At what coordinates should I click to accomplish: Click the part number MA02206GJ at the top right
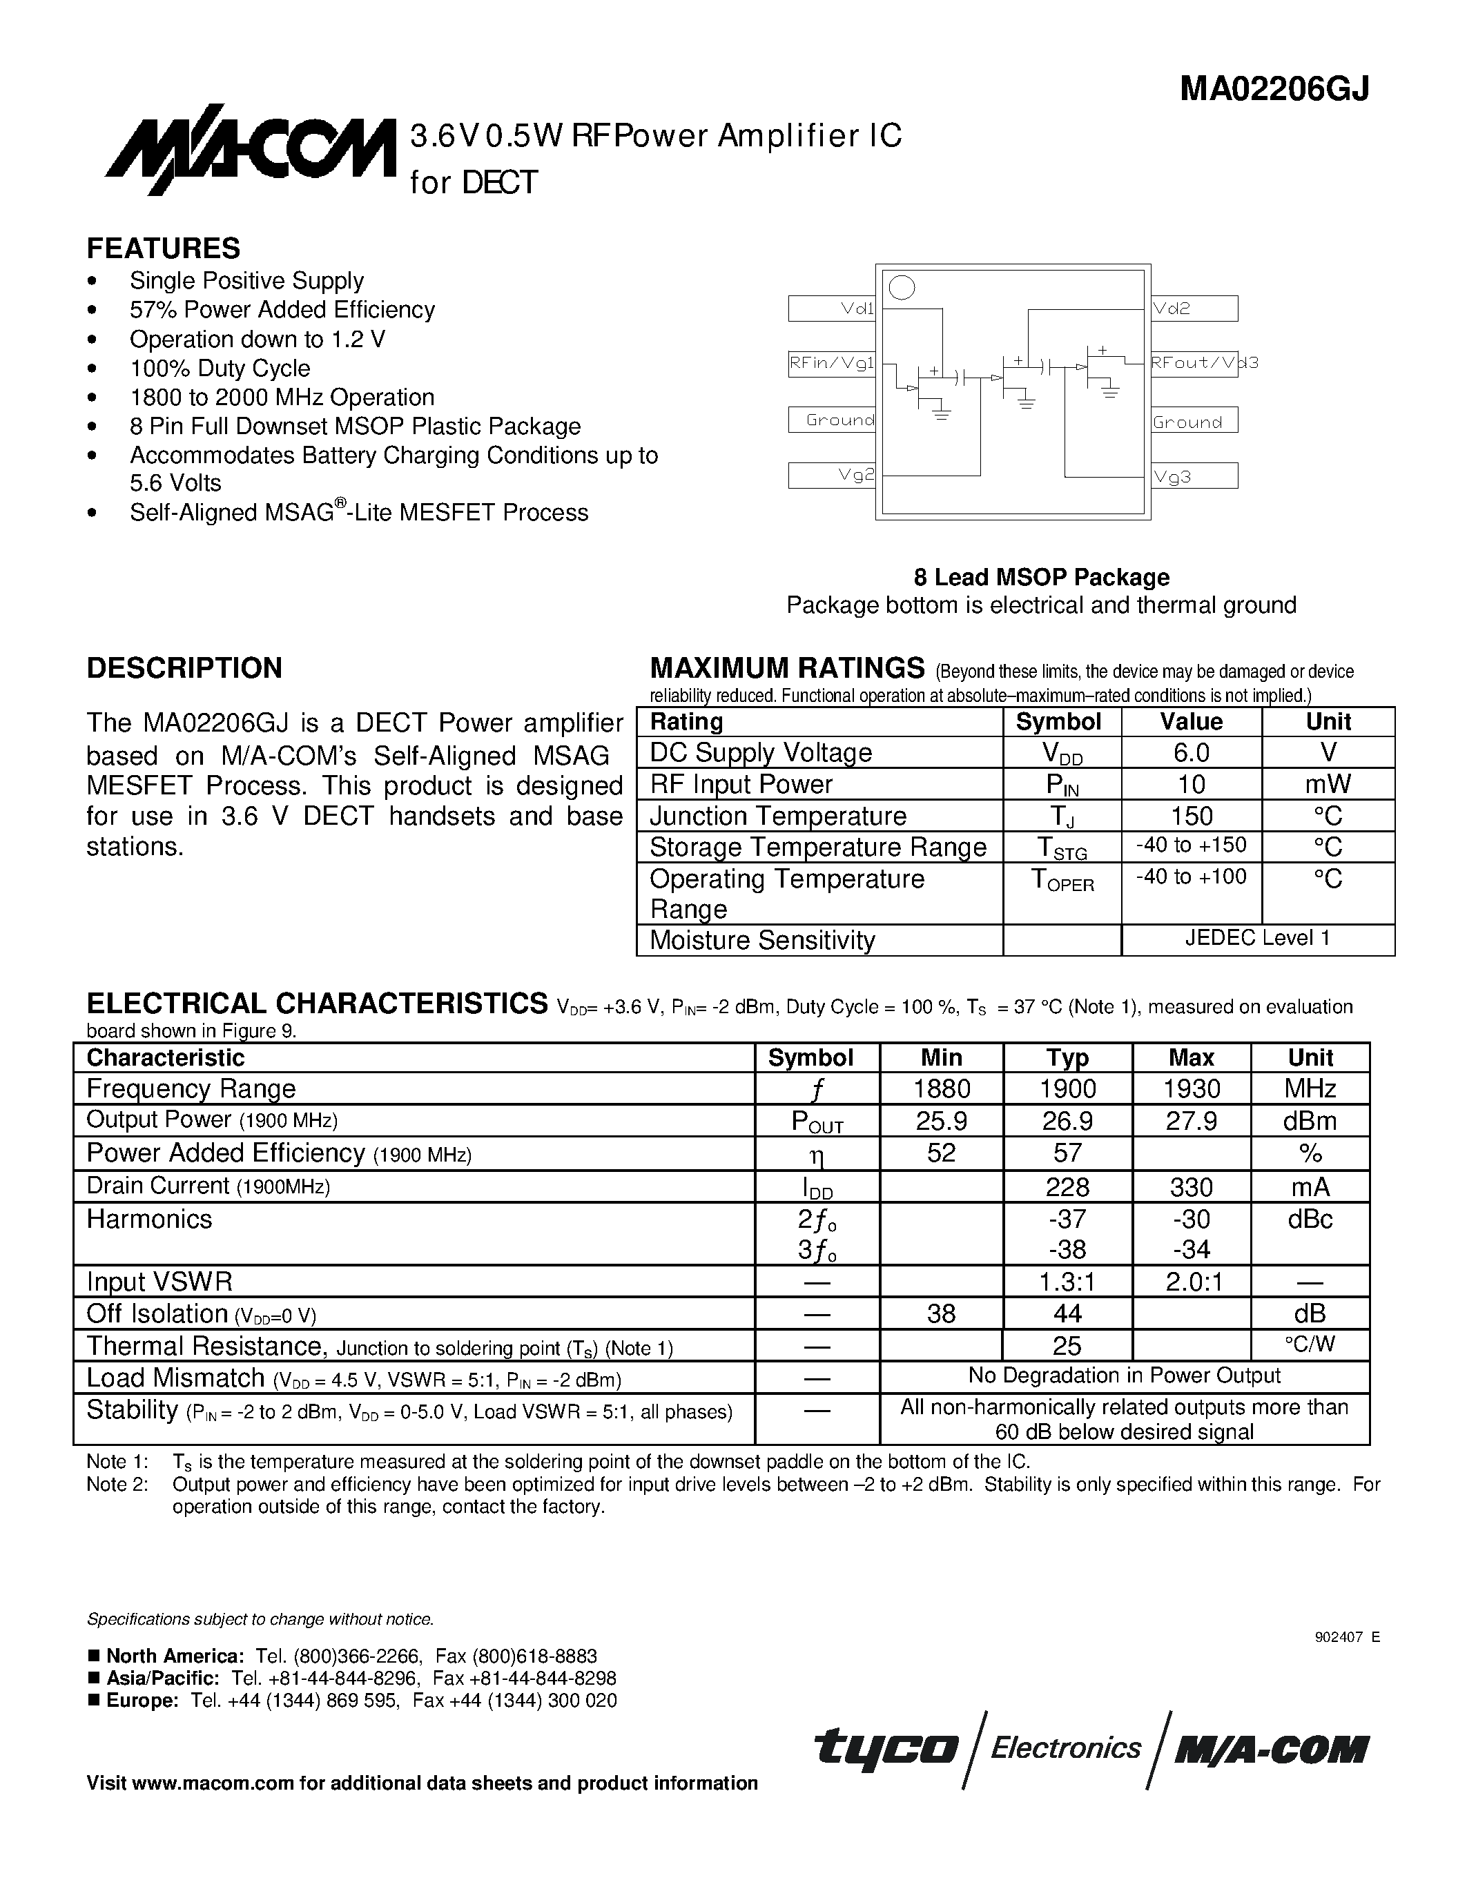pos(1274,90)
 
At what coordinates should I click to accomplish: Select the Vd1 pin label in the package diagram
pos(856,309)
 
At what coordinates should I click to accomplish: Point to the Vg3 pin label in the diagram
pos(1172,476)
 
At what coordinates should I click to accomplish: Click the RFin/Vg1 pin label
pos(832,363)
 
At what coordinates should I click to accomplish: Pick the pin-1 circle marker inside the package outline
pos(902,288)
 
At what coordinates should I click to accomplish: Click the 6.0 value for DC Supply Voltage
pos(1191,752)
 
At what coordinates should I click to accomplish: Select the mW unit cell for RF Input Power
pos(1327,785)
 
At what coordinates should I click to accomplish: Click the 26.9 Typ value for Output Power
pos(1067,1121)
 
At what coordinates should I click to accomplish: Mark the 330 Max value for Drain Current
pos(1191,1187)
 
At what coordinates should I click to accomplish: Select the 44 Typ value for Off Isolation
pos(1067,1313)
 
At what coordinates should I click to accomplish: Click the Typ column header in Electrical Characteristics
pos(1067,1057)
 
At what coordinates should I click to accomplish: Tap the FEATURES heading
pos(164,248)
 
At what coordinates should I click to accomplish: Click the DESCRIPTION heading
pos(184,667)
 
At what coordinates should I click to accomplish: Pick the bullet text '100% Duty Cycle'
pos(220,369)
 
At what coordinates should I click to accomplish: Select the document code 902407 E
pos(1347,1637)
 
